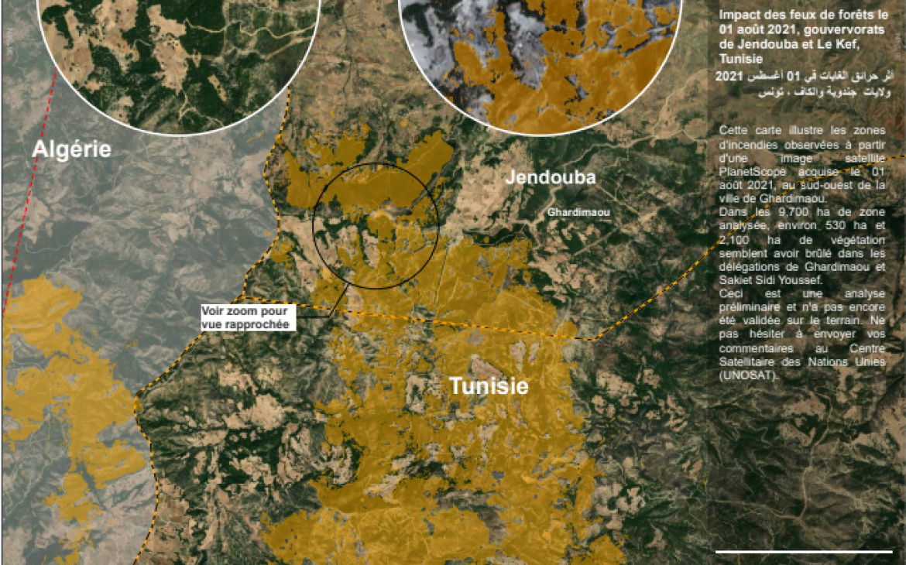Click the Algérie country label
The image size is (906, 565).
[71, 149]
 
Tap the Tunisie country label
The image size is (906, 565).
[489, 385]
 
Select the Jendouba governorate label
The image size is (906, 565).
[551, 177]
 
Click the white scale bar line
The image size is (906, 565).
[804, 551]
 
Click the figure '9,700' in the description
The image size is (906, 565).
[780, 211]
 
